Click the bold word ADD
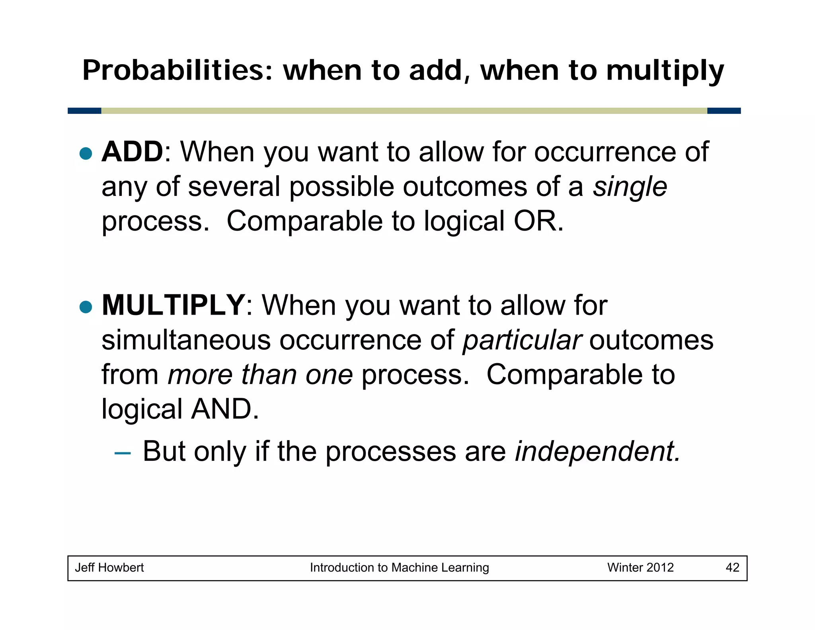pos(132,152)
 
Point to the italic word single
pos(630,187)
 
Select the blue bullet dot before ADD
pos(86,153)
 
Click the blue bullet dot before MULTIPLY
pos(86,307)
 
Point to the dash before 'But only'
pos(122,453)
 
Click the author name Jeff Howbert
pos(109,567)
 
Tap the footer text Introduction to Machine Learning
pos(399,567)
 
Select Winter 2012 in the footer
pos(640,567)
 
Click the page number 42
pos(732,567)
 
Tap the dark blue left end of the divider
pos(84,111)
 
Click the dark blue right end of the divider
pos(724,111)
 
